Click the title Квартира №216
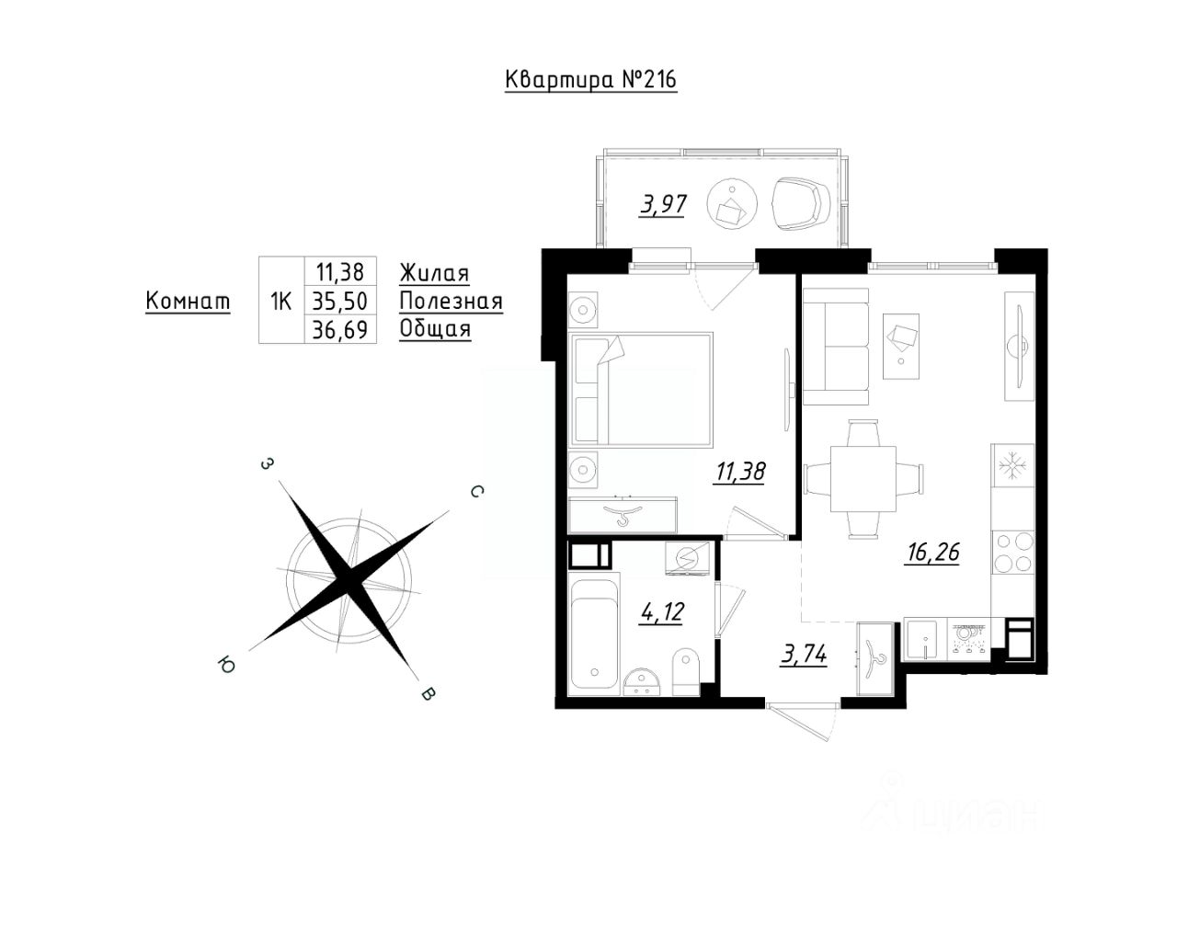point(591,80)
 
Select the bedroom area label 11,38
point(740,472)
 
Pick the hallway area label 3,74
point(803,655)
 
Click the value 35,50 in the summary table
point(340,301)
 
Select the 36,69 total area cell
point(340,329)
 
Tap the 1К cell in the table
point(281,302)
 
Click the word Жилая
point(434,273)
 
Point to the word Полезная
point(451,302)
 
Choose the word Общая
point(435,329)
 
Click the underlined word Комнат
point(188,302)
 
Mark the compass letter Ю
point(223,663)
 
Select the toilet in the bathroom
point(686,670)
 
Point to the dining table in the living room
point(863,478)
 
